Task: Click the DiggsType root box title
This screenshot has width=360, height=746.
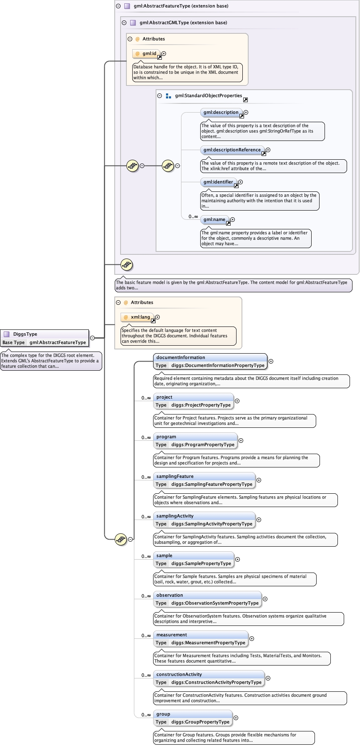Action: coord(25,334)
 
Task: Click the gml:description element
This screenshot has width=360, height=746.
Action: coord(221,112)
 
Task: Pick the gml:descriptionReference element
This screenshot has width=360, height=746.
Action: coord(232,150)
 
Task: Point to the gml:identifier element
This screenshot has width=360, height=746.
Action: coord(218,182)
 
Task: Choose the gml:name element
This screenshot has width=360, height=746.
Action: coord(214,219)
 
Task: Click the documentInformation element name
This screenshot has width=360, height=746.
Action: coord(181,357)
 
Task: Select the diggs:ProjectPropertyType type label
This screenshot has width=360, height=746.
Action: coord(201,405)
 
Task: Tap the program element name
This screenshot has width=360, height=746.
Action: coord(166,437)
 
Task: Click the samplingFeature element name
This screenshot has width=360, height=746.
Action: coord(175,476)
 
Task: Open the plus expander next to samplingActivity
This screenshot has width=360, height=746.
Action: coord(259,520)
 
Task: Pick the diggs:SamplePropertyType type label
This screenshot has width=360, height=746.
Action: coord(201,563)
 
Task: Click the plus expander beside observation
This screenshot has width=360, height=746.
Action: coord(265,599)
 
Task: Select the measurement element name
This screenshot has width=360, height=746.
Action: coord(171,635)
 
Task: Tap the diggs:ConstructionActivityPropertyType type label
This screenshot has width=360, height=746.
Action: coord(216,682)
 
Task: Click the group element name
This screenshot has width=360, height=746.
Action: coord(163,714)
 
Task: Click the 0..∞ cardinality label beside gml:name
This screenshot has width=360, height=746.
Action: coord(193,216)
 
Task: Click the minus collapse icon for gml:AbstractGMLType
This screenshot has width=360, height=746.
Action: coord(124,23)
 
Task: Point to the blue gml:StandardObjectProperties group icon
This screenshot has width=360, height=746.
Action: coord(169,96)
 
